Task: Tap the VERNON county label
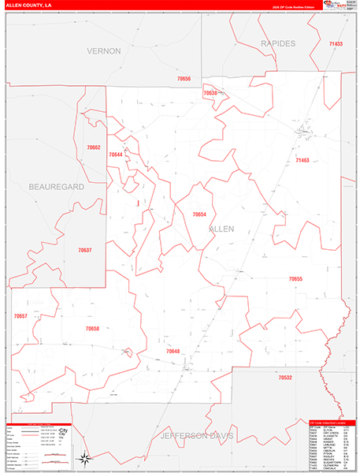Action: point(103,50)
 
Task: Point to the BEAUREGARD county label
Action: point(56,187)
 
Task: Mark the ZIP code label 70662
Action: point(94,147)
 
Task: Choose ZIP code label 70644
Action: point(116,155)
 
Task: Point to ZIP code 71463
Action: point(302,160)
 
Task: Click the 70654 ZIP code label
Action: point(199,214)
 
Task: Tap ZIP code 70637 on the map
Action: point(85,250)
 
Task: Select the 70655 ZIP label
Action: point(295,279)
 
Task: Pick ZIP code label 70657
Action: point(20,316)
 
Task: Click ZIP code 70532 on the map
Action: point(285,378)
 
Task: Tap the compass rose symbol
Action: point(84,457)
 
